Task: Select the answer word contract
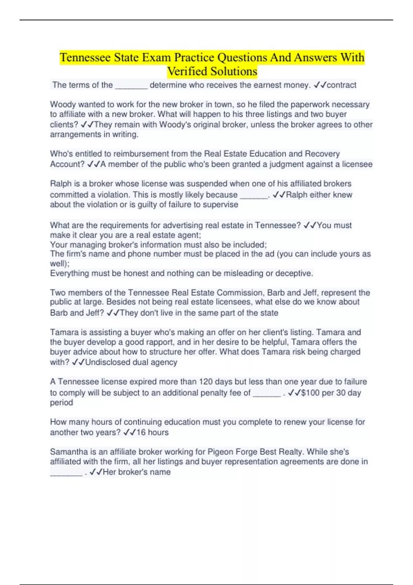341,85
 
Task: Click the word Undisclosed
106,362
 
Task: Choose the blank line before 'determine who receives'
131,86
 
